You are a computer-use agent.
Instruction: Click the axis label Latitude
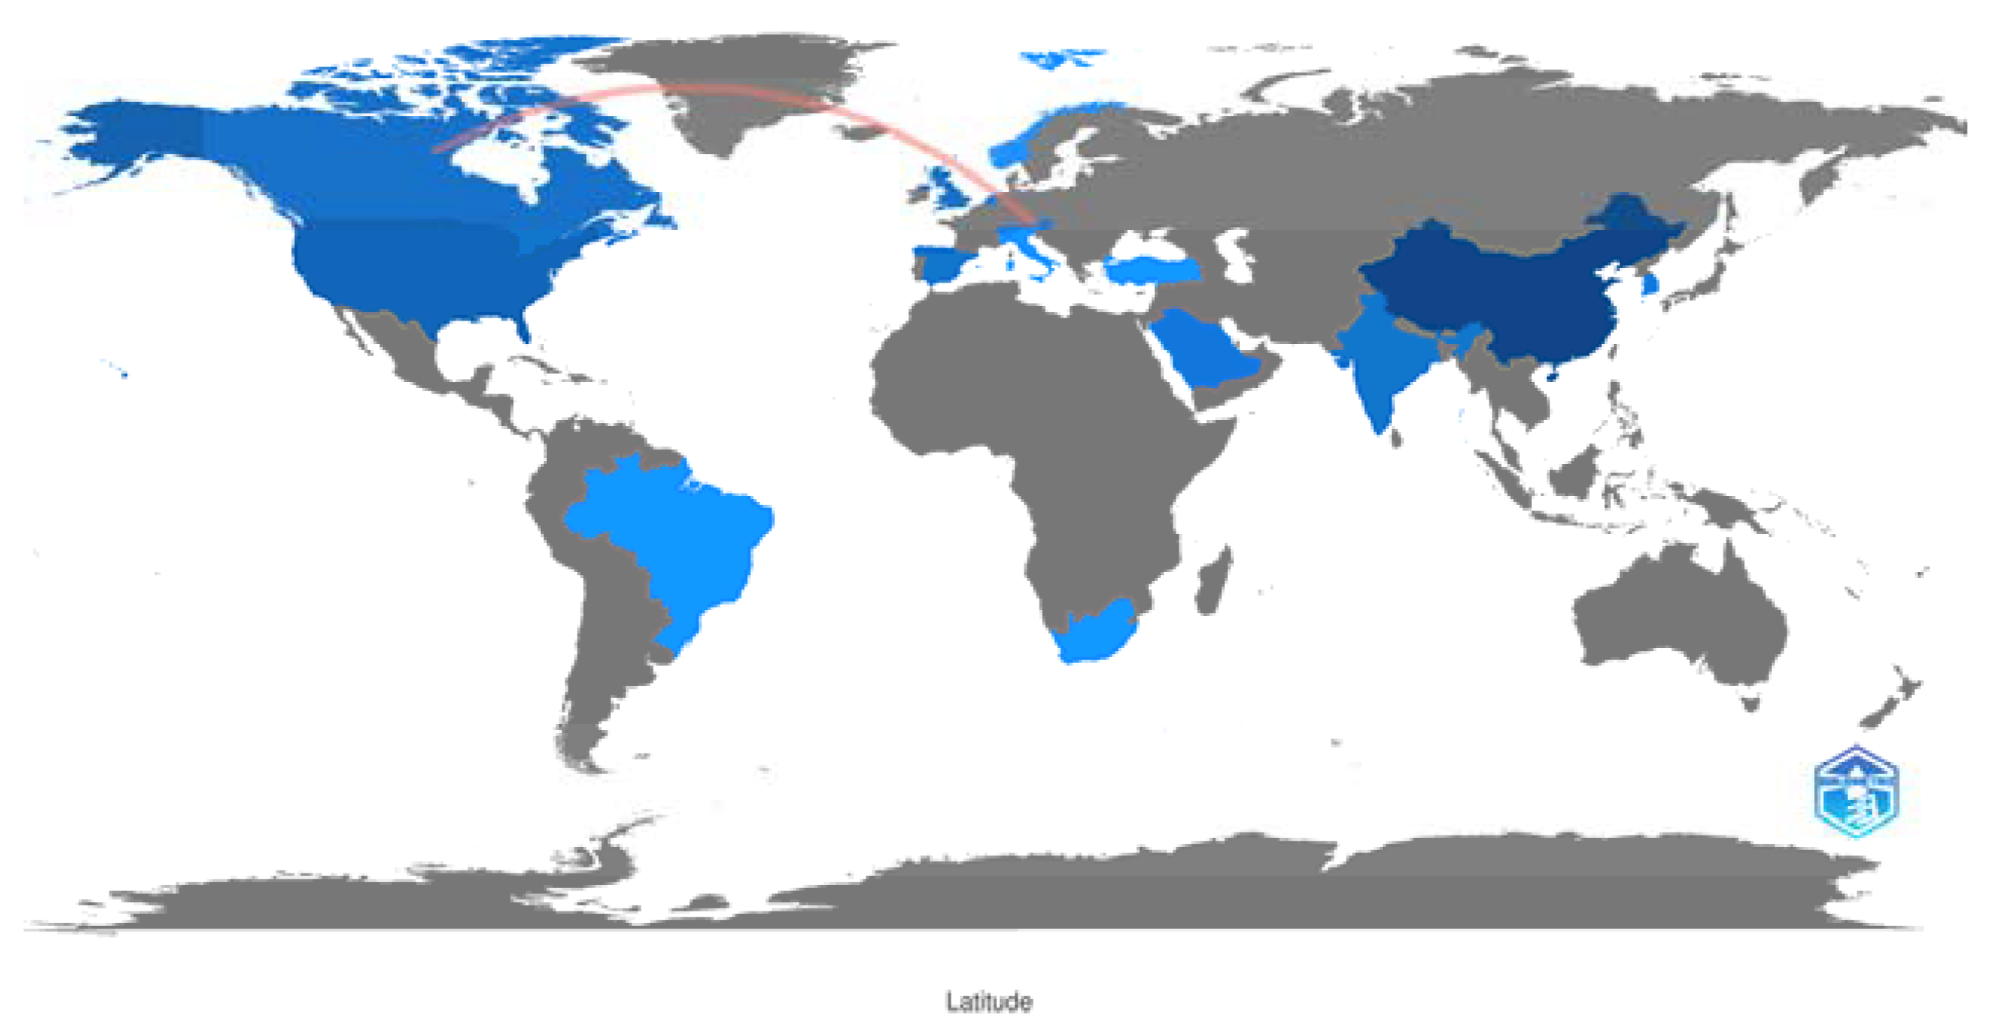pos(989,1001)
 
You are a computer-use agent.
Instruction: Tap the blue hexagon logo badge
pos(1856,792)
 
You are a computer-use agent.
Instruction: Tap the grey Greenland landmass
pos(743,85)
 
